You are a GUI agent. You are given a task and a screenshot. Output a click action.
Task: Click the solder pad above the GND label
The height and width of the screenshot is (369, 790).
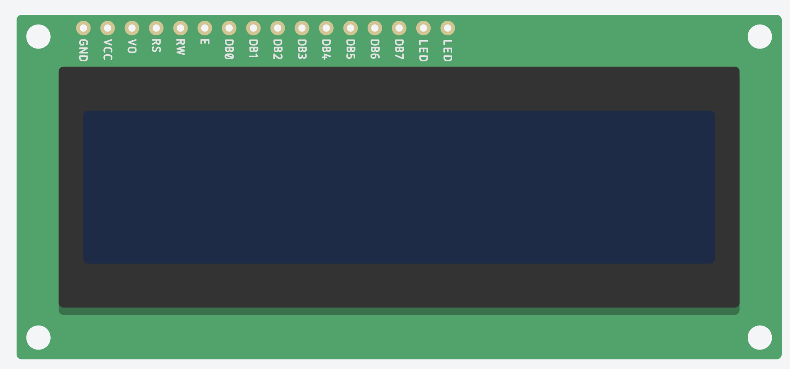coord(83,28)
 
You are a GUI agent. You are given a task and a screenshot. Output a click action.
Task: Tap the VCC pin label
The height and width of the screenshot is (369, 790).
coord(107,50)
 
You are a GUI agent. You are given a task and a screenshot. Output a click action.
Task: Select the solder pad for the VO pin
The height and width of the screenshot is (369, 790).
coord(132,28)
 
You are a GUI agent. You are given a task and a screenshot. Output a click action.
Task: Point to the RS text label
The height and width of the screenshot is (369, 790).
coord(156,46)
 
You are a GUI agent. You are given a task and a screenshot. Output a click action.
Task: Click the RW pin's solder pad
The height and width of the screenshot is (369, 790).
coord(180,28)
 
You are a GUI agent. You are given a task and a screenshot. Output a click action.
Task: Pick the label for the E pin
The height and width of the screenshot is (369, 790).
coord(205,41)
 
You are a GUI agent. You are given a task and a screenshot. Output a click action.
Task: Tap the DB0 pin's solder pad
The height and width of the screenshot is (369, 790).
coord(229,28)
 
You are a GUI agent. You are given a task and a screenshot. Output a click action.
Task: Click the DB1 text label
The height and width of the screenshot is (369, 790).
coord(253,49)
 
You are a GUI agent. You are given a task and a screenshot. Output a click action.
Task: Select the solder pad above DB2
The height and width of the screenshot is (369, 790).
coord(278,28)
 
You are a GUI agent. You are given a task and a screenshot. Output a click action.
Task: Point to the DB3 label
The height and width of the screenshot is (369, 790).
coord(302,49)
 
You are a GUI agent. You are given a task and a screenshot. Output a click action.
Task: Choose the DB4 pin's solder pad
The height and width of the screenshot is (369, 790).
coord(326,28)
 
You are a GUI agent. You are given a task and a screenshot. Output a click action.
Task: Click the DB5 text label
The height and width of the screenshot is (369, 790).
coord(350,49)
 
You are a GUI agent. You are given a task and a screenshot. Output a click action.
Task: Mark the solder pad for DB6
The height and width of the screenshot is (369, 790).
coord(375,28)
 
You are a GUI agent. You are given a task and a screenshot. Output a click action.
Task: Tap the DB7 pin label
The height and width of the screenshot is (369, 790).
coord(399,49)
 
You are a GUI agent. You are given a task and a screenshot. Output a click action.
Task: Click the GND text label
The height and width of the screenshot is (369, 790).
coord(83,50)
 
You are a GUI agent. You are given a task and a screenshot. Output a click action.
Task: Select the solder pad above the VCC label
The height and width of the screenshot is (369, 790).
coord(107,28)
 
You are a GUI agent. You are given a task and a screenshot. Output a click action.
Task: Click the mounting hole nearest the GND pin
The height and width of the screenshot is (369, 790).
coord(38,36)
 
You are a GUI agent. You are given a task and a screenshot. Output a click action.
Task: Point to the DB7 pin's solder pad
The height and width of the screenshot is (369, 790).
coord(399,28)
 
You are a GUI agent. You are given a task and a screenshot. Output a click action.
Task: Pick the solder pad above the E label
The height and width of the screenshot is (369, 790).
coord(205,28)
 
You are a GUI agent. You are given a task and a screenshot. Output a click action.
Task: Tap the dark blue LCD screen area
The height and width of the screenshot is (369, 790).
coord(399,187)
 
